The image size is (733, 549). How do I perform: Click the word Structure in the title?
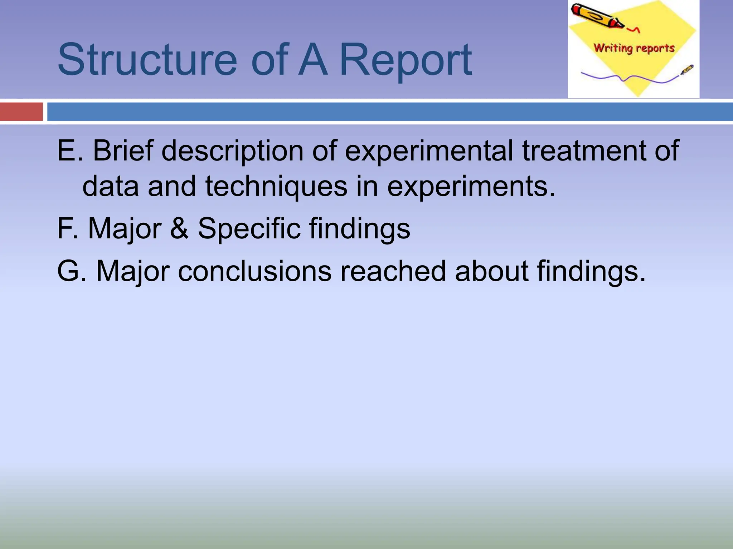(147, 60)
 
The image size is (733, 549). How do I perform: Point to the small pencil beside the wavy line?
(686, 70)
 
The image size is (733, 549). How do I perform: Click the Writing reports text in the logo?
(634, 48)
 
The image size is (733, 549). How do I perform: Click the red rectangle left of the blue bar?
(21, 112)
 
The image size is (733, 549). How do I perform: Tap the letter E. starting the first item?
(69, 150)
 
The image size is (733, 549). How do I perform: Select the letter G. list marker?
(71, 271)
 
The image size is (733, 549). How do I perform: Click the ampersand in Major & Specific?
(179, 228)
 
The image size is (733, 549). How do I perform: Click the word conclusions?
(254, 271)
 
